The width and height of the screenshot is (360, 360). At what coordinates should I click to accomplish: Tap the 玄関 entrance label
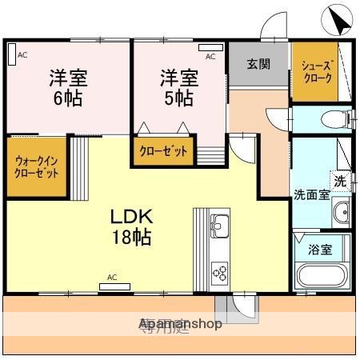(x=258, y=63)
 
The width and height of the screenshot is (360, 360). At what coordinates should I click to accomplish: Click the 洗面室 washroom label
(x=311, y=194)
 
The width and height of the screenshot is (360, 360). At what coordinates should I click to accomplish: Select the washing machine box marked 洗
(x=340, y=182)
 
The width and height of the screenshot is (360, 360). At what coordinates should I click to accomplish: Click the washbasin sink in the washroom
(x=340, y=212)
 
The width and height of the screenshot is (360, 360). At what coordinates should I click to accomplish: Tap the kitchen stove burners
(x=220, y=272)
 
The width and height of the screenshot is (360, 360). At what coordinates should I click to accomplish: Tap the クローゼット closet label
(x=164, y=150)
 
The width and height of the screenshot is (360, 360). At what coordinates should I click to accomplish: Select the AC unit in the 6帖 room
(x=11, y=54)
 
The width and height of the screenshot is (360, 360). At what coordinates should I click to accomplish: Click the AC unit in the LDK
(x=112, y=284)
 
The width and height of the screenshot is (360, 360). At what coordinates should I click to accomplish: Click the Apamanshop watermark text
(x=180, y=324)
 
